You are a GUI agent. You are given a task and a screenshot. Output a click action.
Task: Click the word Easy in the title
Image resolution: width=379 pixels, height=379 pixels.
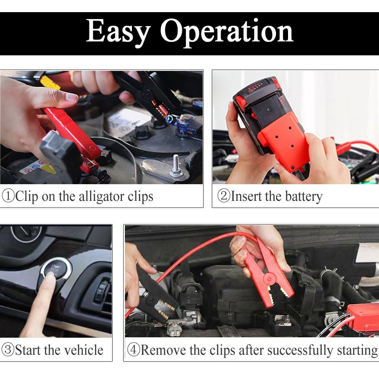[x=117, y=32]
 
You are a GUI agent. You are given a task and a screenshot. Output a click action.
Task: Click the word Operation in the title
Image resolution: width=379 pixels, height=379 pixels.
[x=227, y=32]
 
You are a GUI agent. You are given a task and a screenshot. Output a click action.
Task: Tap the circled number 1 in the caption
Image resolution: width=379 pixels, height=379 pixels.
[x=8, y=197]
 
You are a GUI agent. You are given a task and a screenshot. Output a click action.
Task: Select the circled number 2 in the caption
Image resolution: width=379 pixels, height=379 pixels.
[x=224, y=197]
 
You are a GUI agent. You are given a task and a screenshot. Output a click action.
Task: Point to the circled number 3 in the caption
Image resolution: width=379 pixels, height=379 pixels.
[x=8, y=349]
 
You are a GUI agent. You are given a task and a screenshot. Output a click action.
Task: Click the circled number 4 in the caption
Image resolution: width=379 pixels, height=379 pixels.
[x=133, y=349]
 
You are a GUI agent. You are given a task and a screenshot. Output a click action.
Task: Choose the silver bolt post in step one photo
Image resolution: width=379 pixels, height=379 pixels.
[x=175, y=167]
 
